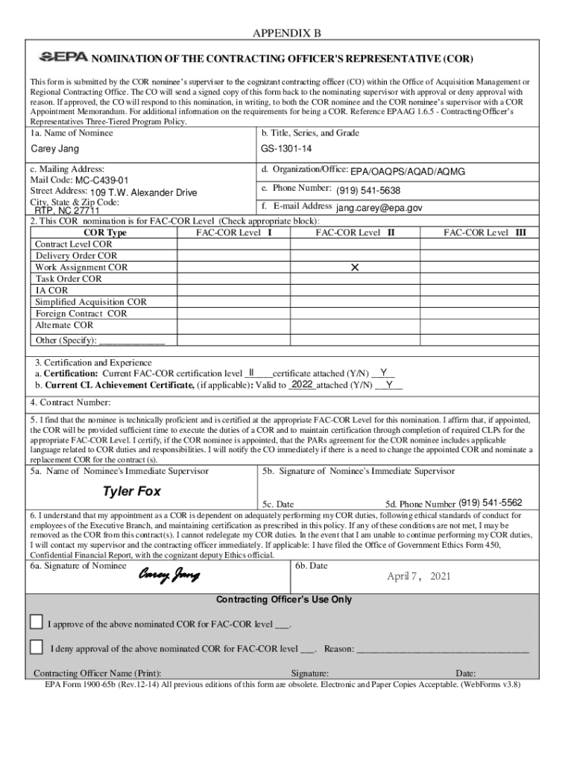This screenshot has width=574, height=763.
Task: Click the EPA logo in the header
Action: (x=63, y=57)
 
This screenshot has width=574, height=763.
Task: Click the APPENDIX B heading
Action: (x=286, y=34)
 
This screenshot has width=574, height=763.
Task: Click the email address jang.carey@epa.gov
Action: (x=379, y=208)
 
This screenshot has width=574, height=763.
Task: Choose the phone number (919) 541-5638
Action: (x=368, y=190)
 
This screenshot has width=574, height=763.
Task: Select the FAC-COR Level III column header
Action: (x=485, y=232)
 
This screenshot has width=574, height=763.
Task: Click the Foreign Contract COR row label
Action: (x=81, y=314)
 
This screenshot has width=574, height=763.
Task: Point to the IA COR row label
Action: (x=51, y=291)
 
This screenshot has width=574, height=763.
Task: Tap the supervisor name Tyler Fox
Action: (x=131, y=492)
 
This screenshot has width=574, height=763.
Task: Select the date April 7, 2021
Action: (x=418, y=576)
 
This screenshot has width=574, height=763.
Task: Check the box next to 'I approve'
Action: (x=36, y=622)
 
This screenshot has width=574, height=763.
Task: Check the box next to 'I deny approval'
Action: (x=36, y=647)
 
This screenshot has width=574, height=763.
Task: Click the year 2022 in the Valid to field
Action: (x=302, y=384)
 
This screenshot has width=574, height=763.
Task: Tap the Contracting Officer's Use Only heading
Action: (x=283, y=600)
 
